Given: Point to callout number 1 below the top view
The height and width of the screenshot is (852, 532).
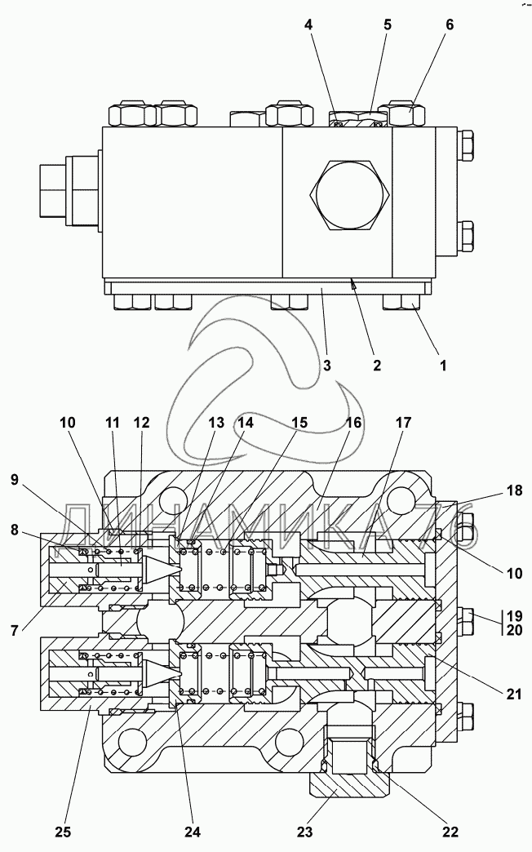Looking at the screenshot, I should (x=443, y=365).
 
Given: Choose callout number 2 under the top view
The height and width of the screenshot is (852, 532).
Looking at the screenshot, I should (x=377, y=365).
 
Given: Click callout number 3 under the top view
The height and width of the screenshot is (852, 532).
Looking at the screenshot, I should (x=326, y=365).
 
